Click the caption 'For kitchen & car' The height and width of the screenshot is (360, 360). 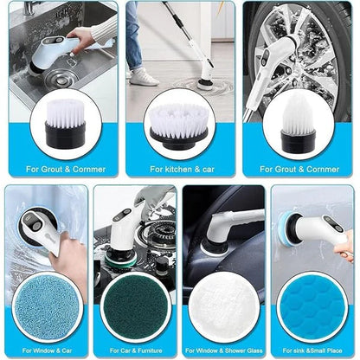(180, 170)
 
